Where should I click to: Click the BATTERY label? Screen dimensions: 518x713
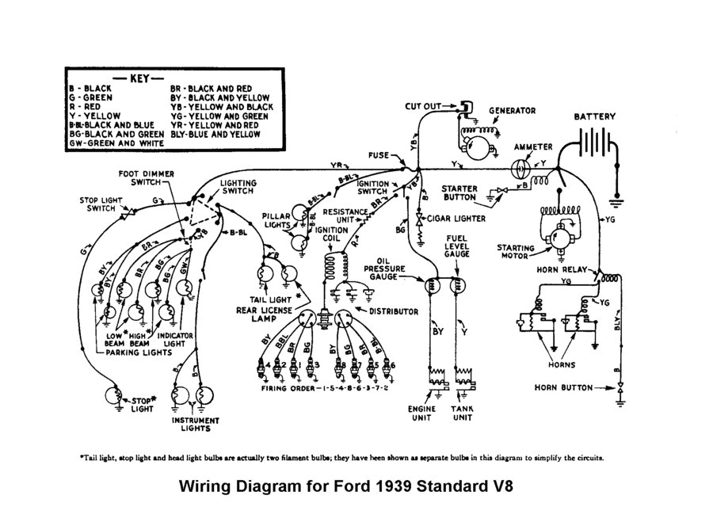[x=594, y=116]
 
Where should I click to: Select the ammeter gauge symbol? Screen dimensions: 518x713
[x=520, y=169]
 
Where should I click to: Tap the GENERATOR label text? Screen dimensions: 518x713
[x=512, y=111]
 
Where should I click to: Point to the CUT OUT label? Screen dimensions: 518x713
[x=427, y=105]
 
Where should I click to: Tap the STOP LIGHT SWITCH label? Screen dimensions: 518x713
[x=100, y=204]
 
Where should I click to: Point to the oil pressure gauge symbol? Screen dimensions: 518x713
[x=433, y=284]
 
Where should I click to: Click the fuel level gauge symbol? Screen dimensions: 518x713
[x=458, y=284]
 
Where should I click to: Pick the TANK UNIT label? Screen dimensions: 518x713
[x=463, y=413]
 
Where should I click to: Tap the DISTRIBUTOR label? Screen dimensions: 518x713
[x=393, y=312]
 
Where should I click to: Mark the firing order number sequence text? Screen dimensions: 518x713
[x=356, y=390]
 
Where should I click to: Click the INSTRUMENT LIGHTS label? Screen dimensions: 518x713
[x=195, y=425]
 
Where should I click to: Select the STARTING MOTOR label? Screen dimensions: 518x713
[x=515, y=252]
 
